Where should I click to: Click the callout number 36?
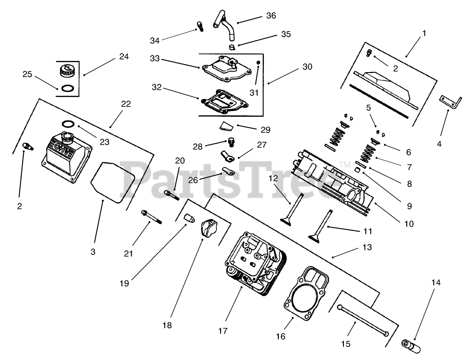271,16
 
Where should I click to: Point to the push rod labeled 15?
363,320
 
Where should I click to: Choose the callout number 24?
124,57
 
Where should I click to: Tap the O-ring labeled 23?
68,123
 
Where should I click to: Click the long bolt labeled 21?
152,217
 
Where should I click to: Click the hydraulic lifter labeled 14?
411,346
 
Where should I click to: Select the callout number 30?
307,67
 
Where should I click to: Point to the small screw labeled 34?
200,26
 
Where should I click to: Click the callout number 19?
124,283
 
